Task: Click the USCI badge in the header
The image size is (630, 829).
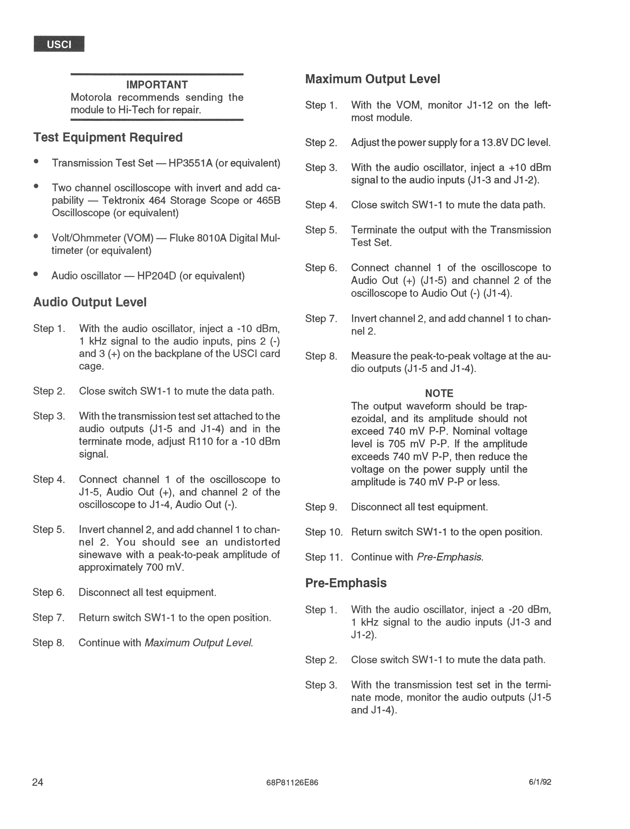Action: [59, 44]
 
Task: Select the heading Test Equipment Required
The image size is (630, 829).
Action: [108, 137]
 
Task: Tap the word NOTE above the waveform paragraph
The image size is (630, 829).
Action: [439, 393]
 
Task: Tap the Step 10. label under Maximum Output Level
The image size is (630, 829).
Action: [324, 532]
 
